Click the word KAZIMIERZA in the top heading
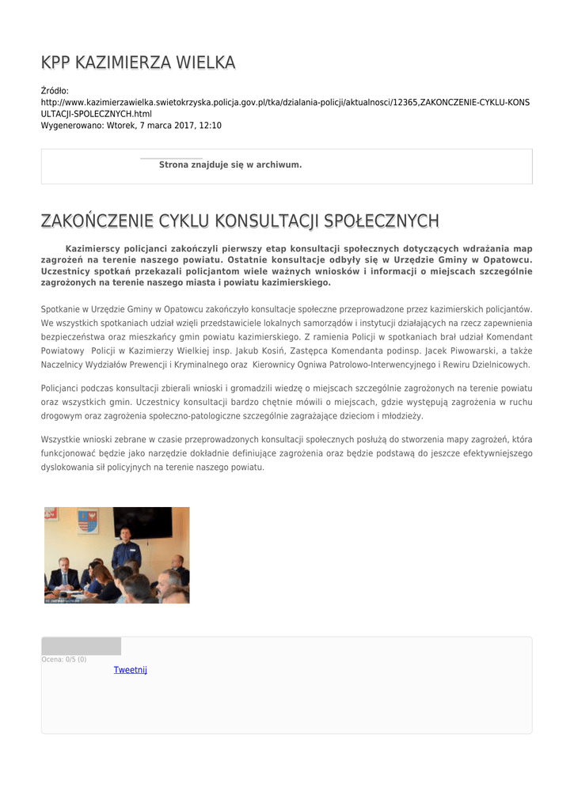point(124,62)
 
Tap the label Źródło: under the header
point(55,91)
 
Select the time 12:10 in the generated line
point(210,125)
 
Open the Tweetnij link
point(131,670)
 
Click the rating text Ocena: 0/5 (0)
point(64,659)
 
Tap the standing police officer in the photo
point(125,551)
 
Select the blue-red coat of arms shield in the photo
point(88,520)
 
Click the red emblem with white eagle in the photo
point(52,514)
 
